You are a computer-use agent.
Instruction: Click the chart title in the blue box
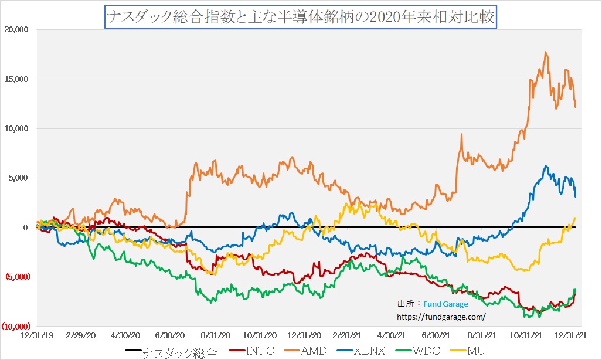coord(301,17)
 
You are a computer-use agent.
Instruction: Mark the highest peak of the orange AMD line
coord(546,52)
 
